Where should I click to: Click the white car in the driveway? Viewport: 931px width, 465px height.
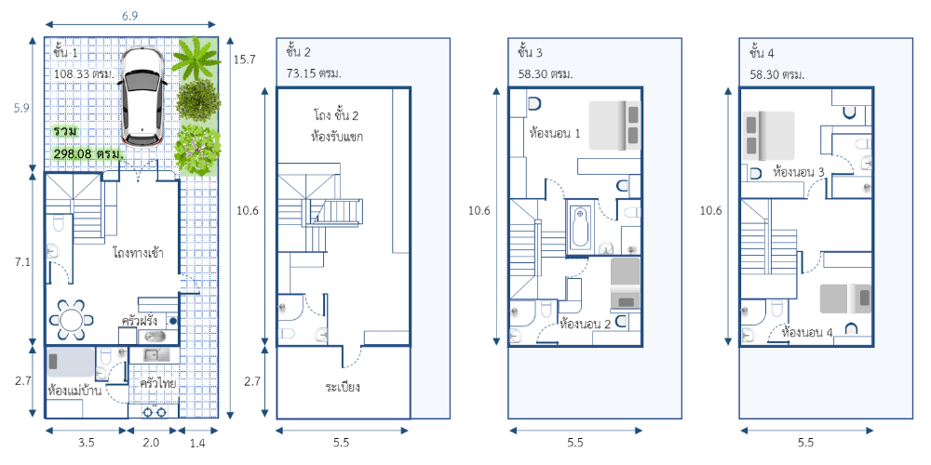[x=142, y=96]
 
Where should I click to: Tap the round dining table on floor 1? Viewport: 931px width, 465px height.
[x=72, y=320]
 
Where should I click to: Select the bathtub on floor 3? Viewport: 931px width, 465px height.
[x=580, y=227]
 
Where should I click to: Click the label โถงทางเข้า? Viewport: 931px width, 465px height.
[x=138, y=253]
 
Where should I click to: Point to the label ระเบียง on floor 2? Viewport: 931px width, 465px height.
[x=344, y=388]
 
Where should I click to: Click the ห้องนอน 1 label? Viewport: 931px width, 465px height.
[x=555, y=133]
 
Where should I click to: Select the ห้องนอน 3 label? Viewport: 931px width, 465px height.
[x=799, y=172]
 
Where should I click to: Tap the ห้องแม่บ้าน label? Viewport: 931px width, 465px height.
[x=74, y=392]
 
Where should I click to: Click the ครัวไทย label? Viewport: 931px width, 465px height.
[x=157, y=383]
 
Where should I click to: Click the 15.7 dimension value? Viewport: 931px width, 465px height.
[x=244, y=60]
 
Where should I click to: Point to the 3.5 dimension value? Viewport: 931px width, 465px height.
[x=86, y=443]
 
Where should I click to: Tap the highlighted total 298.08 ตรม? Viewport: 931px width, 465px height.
[x=88, y=154]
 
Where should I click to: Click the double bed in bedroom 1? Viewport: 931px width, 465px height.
[x=615, y=126]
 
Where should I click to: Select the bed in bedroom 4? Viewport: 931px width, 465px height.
[x=845, y=299]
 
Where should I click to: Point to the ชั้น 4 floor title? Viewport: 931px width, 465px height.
[x=762, y=53]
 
